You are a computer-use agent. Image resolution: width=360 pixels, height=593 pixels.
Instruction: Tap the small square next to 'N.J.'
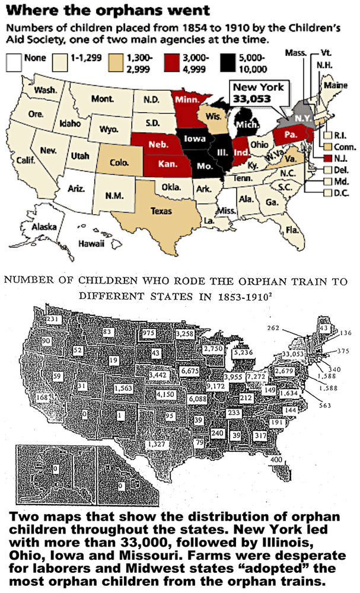pos(320,159)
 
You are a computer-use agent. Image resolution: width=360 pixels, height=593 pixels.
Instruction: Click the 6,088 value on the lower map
pos(200,400)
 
